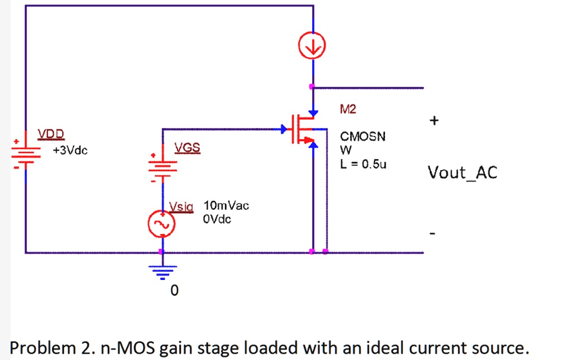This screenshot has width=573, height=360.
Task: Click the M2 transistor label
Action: point(347,110)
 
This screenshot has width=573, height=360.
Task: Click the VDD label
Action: point(51,134)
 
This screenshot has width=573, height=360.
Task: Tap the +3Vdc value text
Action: point(70,151)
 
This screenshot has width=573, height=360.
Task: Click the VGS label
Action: point(186,148)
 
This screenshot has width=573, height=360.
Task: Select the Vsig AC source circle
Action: point(162,225)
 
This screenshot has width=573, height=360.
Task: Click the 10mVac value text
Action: point(227,205)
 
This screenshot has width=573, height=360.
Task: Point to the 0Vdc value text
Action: point(217,219)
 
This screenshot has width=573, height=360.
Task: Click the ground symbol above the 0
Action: point(162,271)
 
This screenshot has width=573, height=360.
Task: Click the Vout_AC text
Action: point(462,172)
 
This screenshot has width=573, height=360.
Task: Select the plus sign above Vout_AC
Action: point(434,120)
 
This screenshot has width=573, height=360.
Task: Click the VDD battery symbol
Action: point(26,152)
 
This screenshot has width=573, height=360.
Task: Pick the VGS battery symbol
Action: point(162,166)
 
